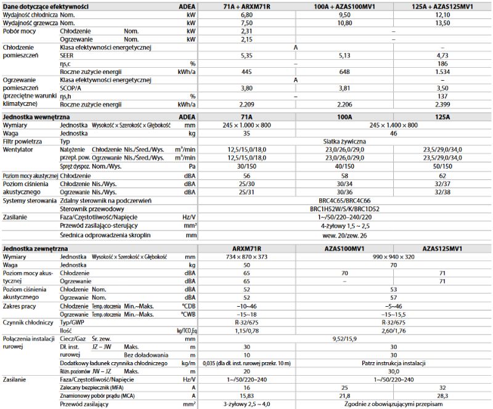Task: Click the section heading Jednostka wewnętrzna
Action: coord(36,116)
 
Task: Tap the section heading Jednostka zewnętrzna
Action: coord(36,248)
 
